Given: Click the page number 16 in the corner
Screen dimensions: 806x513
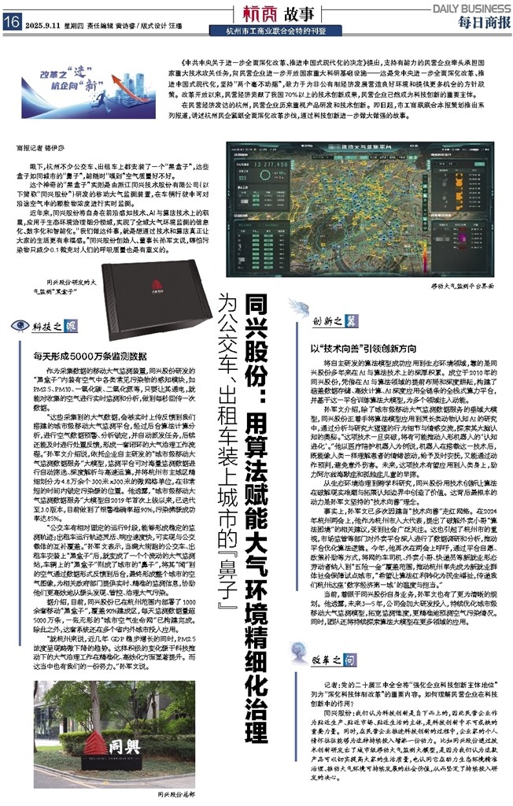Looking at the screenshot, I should [11, 23].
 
